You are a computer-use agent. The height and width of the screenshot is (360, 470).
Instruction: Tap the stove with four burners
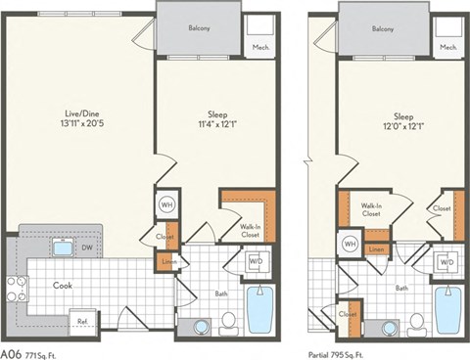click(17, 288)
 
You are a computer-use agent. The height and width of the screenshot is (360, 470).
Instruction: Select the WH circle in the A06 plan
click(167, 204)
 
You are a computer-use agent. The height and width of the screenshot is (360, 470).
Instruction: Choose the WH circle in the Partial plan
click(350, 243)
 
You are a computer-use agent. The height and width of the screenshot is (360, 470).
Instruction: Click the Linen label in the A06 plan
click(166, 261)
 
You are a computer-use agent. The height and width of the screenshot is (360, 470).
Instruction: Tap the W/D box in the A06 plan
click(256, 261)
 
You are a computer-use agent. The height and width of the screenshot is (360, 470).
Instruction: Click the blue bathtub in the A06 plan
click(260, 311)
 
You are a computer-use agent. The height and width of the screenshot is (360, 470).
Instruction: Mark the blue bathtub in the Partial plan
click(447, 311)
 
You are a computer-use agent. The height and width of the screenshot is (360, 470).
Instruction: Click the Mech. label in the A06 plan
click(261, 46)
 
